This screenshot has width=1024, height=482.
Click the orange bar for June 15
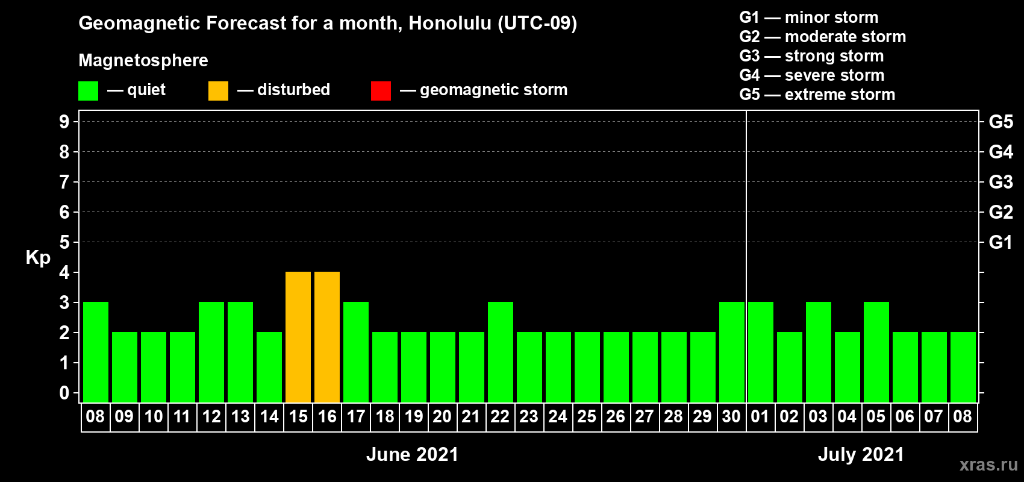[x=298, y=337]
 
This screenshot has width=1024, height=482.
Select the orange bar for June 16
[x=327, y=337]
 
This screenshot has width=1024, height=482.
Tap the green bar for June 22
[x=501, y=352]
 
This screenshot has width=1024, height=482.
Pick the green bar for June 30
[x=732, y=352]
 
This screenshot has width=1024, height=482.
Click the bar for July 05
[x=876, y=352]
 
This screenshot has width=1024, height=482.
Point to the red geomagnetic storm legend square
[x=381, y=90]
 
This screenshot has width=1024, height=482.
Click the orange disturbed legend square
[x=218, y=90]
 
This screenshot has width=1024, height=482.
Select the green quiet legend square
[x=88, y=90]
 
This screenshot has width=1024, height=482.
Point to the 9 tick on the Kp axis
[x=64, y=122]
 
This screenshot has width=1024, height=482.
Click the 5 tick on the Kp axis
[x=64, y=242]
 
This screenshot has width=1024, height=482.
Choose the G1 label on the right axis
[x=1001, y=242]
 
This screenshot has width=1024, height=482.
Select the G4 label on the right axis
[x=1001, y=152]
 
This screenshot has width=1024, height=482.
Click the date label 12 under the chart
[x=211, y=416]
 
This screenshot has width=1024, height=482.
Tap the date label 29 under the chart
[x=702, y=416]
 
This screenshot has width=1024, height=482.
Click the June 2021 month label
[x=413, y=454]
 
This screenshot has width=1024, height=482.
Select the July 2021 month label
[x=861, y=454]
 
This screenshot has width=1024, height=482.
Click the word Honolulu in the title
[x=451, y=23]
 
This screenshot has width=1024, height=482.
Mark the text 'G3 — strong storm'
[x=811, y=56]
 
